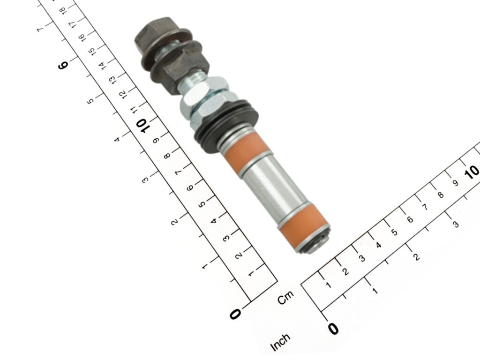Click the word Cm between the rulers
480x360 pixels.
(x=285, y=297)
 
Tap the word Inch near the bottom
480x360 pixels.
(x=280, y=342)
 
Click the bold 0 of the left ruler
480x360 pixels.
(x=235, y=314)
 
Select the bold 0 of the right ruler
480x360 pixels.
(x=333, y=329)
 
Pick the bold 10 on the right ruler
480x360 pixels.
(x=472, y=172)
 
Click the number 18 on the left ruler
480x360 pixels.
(x=62, y=11)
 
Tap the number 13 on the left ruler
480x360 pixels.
(x=112, y=80)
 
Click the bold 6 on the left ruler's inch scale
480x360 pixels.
(x=63, y=65)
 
